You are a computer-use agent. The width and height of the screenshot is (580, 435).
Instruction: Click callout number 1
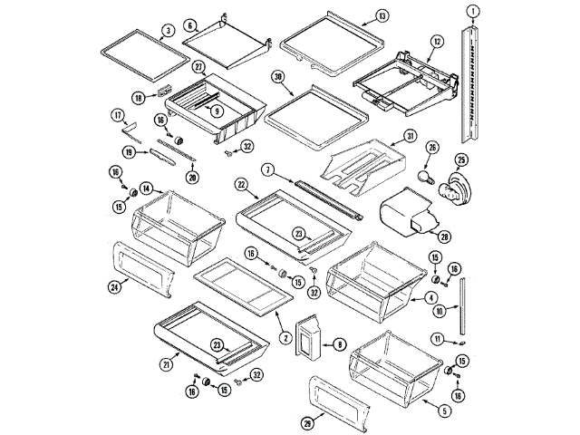[x=473, y=12]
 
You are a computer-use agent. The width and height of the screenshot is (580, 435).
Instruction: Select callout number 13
[x=382, y=16]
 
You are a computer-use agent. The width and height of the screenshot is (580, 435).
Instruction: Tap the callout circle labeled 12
[x=436, y=41]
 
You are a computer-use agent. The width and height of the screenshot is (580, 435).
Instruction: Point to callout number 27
[x=198, y=66]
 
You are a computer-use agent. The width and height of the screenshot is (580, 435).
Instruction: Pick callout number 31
[x=410, y=136]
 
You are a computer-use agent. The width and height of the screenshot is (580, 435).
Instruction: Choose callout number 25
[x=461, y=161]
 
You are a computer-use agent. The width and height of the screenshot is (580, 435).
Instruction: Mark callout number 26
[x=432, y=147]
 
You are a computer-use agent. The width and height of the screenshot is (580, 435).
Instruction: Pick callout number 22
[x=242, y=184]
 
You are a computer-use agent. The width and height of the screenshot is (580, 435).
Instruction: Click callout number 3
[x=169, y=30]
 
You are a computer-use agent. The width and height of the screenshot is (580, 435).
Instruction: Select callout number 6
[x=190, y=25]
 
